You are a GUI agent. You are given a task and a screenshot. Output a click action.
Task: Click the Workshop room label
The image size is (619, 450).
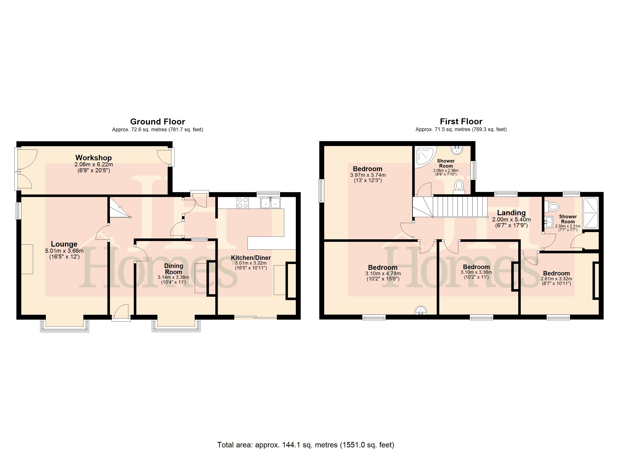tap(93, 158)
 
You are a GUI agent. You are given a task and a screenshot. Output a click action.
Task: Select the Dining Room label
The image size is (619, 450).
tap(174, 269)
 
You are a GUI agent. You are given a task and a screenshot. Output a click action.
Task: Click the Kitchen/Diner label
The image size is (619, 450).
tap(251, 258)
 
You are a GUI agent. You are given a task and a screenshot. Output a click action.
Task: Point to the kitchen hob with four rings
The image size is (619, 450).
tap(243, 203)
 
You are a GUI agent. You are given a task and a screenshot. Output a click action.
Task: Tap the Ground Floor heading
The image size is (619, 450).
tap(158, 121)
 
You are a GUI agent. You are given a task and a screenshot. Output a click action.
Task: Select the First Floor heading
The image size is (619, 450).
tap(461, 121)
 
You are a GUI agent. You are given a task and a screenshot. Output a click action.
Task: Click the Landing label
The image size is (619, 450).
tap(511, 213)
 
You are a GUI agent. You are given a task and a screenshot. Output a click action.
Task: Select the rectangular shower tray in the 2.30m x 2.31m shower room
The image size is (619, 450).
tap(590, 213)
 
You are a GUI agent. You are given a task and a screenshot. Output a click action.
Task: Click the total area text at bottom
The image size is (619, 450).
tap(306, 445)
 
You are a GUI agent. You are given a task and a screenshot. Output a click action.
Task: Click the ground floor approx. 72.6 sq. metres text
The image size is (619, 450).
tap(158, 130)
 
